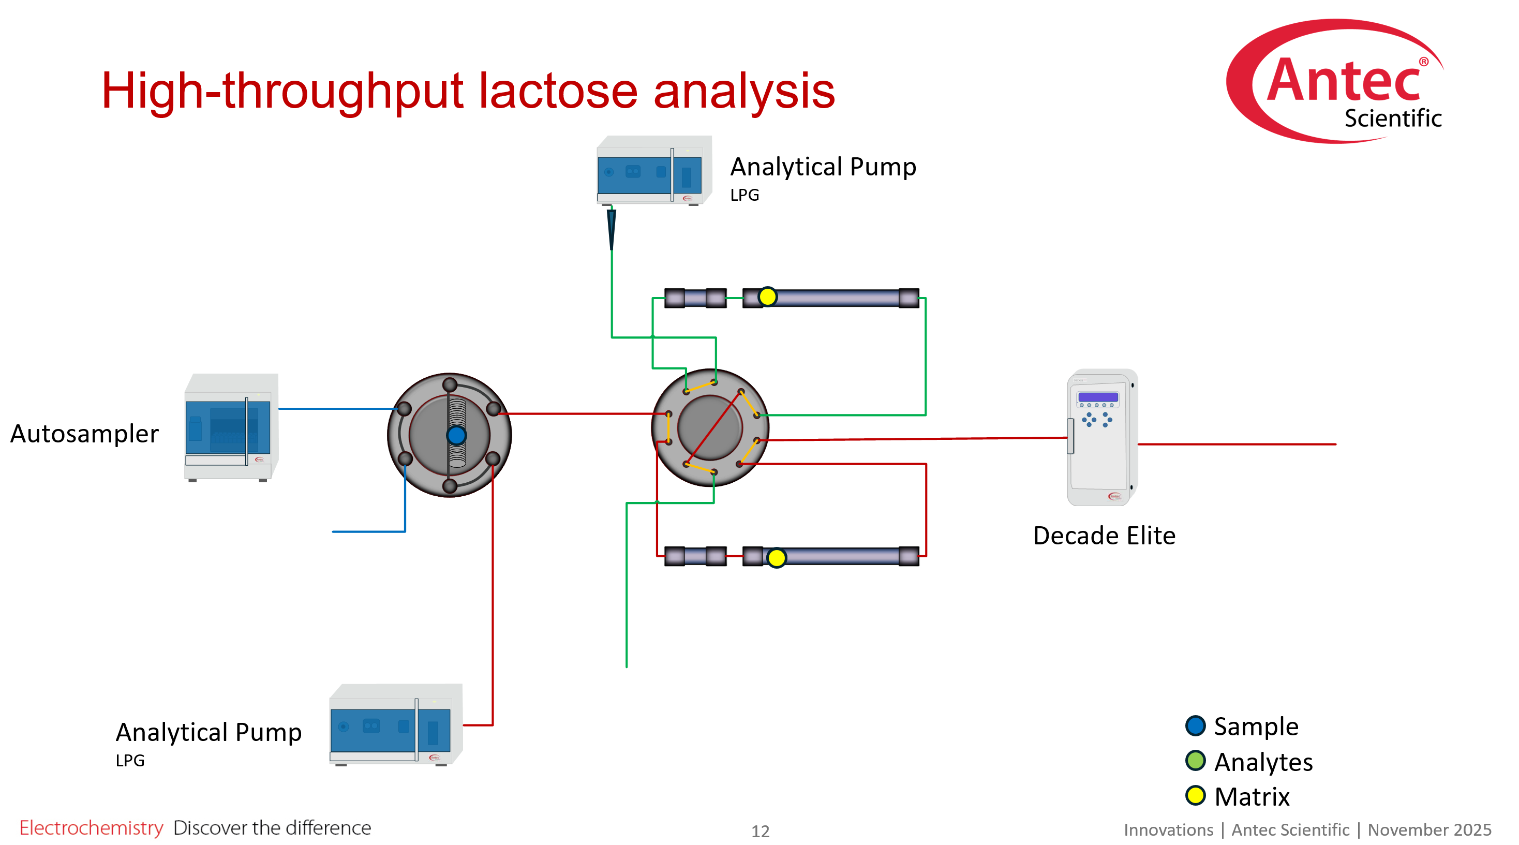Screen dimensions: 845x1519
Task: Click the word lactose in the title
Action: coord(557,92)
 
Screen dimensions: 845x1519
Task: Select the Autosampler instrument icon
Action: coord(231,427)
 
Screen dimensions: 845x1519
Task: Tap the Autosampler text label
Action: coord(84,434)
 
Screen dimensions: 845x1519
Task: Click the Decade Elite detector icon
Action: coord(1101,437)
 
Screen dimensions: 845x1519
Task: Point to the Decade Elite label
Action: coord(1104,536)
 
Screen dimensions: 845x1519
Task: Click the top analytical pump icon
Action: coord(653,170)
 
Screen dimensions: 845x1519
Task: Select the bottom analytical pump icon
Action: coord(395,725)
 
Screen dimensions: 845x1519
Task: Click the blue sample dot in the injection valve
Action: coord(456,435)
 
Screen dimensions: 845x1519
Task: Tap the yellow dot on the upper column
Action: coord(767,297)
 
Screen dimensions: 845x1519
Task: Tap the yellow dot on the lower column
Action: coord(776,557)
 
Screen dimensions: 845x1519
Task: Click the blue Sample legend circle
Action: coord(1195,726)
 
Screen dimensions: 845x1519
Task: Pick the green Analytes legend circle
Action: coord(1195,761)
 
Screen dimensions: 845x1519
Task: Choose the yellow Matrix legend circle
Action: coord(1195,795)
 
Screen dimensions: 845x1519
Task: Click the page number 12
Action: coord(760,832)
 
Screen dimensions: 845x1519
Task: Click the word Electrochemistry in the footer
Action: coord(91,828)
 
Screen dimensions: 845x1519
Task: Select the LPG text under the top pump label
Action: coord(744,195)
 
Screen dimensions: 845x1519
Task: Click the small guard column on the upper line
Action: coord(695,298)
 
